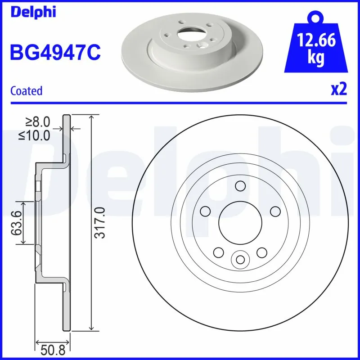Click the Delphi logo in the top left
(33, 12)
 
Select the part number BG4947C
(55, 52)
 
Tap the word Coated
(26, 90)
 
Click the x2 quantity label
(338, 90)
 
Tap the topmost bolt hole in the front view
(240, 185)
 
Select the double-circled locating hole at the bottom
(240, 259)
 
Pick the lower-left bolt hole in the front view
(219, 252)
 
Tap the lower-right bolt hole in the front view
(261, 252)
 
